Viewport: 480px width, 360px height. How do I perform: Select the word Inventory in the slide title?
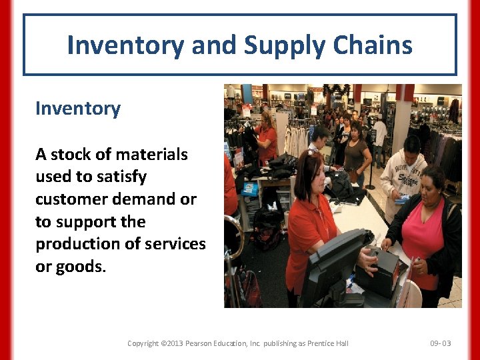(126, 45)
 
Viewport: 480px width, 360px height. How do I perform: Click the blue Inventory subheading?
(78, 109)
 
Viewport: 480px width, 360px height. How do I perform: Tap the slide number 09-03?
(441, 343)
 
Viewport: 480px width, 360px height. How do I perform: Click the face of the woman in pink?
(433, 183)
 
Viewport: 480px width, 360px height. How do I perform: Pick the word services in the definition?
(176, 244)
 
